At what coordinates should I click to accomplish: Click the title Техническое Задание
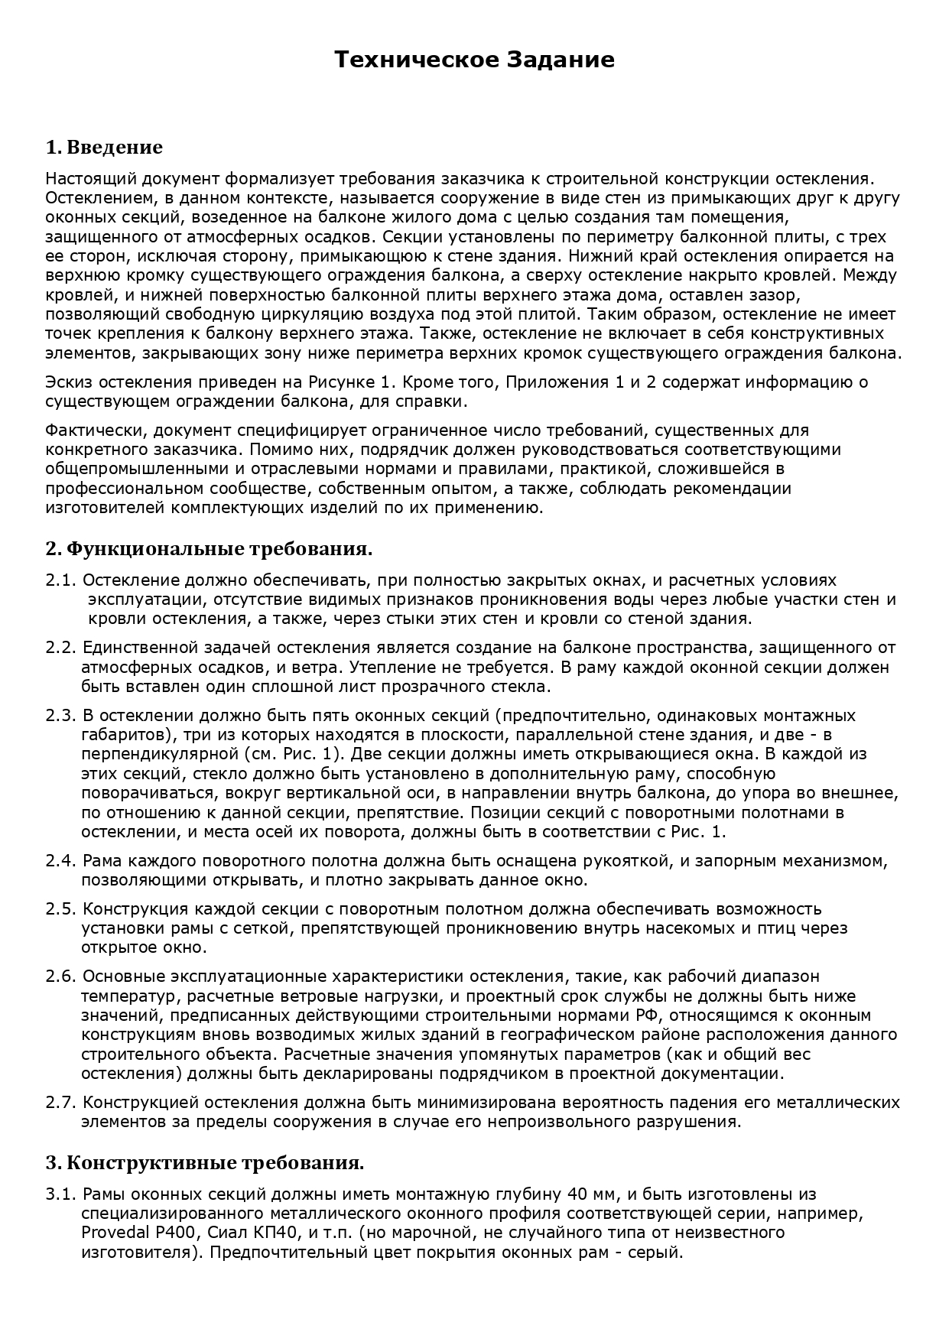[474, 60]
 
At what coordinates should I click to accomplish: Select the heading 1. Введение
[104, 147]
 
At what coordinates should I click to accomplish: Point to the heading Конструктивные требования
[215, 1164]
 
